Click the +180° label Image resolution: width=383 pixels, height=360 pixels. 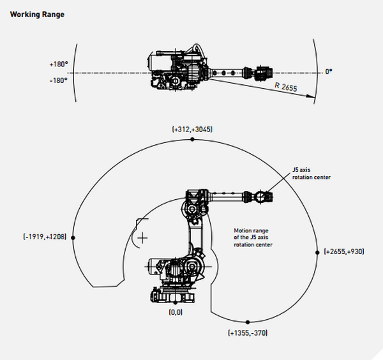(x=58, y=65)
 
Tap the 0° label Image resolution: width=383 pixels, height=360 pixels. (x=328, y=72)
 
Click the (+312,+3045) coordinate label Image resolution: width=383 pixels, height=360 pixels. (x=192, y=130)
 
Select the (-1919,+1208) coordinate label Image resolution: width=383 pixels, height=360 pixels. (x=44, y=237)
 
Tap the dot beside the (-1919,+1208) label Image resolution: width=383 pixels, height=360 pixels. (x=74, y=237)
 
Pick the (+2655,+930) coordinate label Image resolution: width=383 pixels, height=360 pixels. (x=344, y=251)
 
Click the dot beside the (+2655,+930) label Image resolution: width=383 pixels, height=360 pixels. (x=317, y=251)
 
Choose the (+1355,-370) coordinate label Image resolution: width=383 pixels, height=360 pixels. (x=248, y=333)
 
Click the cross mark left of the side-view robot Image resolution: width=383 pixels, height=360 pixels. (x=142, y=237)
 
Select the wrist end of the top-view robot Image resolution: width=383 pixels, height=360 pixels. (x=264, y=73)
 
